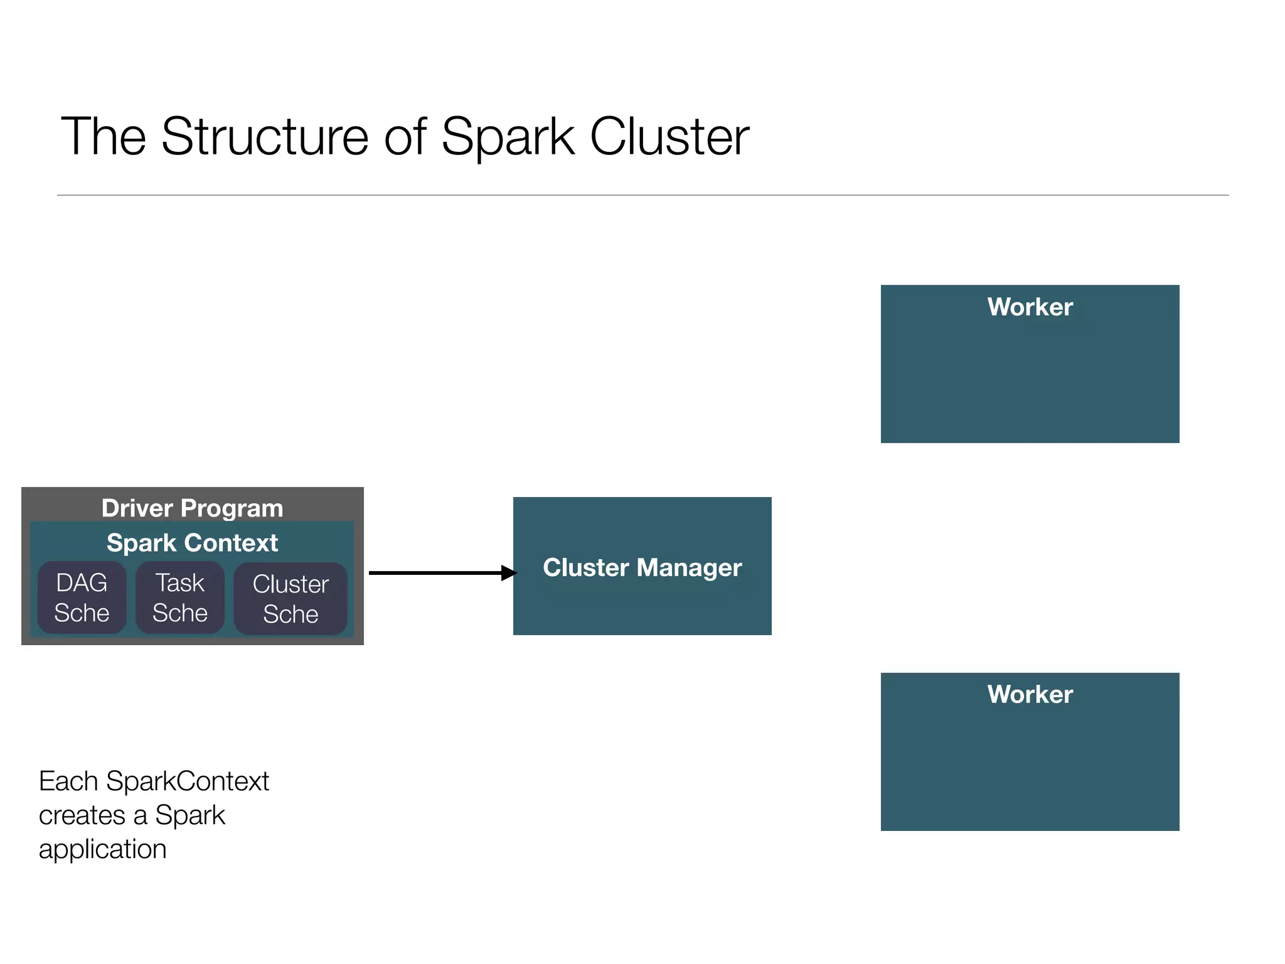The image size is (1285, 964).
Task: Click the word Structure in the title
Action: point(265,136)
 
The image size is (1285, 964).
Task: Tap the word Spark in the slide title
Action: point(508,136)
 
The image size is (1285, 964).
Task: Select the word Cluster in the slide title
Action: point(669,136)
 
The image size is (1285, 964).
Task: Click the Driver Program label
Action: point(192,508)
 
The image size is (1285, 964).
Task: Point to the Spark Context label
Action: point(192,543)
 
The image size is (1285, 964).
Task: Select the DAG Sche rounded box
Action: point(82,597)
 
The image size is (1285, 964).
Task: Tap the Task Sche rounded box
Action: point(180,597)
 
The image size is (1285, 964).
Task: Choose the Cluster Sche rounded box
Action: point(291,599)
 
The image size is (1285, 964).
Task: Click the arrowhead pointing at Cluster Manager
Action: point(509,572)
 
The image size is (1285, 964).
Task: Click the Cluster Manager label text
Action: point(642,567)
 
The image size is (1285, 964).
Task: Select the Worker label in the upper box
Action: point(1030,307)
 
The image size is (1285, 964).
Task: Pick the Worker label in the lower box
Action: point(1030,694)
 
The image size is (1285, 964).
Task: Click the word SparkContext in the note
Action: point(187,781)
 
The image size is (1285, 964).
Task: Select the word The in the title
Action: point(103,136)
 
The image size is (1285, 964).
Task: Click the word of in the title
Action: point(405,136)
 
